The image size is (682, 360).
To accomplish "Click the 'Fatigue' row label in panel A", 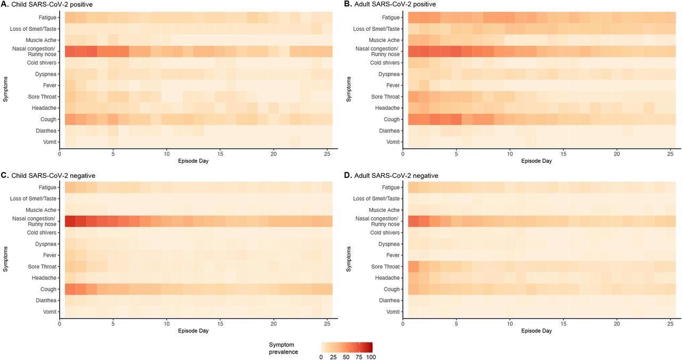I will tap(47, 18).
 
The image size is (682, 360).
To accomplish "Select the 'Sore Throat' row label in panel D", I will tap(385, 266).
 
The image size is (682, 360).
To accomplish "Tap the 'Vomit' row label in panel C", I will tap(49, 312).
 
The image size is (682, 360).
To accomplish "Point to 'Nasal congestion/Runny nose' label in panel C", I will tap(38, 221).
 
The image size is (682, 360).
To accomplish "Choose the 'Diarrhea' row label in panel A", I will tap(45, 130).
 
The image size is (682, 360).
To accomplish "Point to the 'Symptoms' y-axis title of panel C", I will tap(5, 259).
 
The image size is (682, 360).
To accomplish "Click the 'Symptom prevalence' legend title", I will tap(283, 348).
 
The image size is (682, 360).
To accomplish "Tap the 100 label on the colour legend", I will tap(370, 357).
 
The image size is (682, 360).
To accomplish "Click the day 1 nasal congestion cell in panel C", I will tap(70, 221).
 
